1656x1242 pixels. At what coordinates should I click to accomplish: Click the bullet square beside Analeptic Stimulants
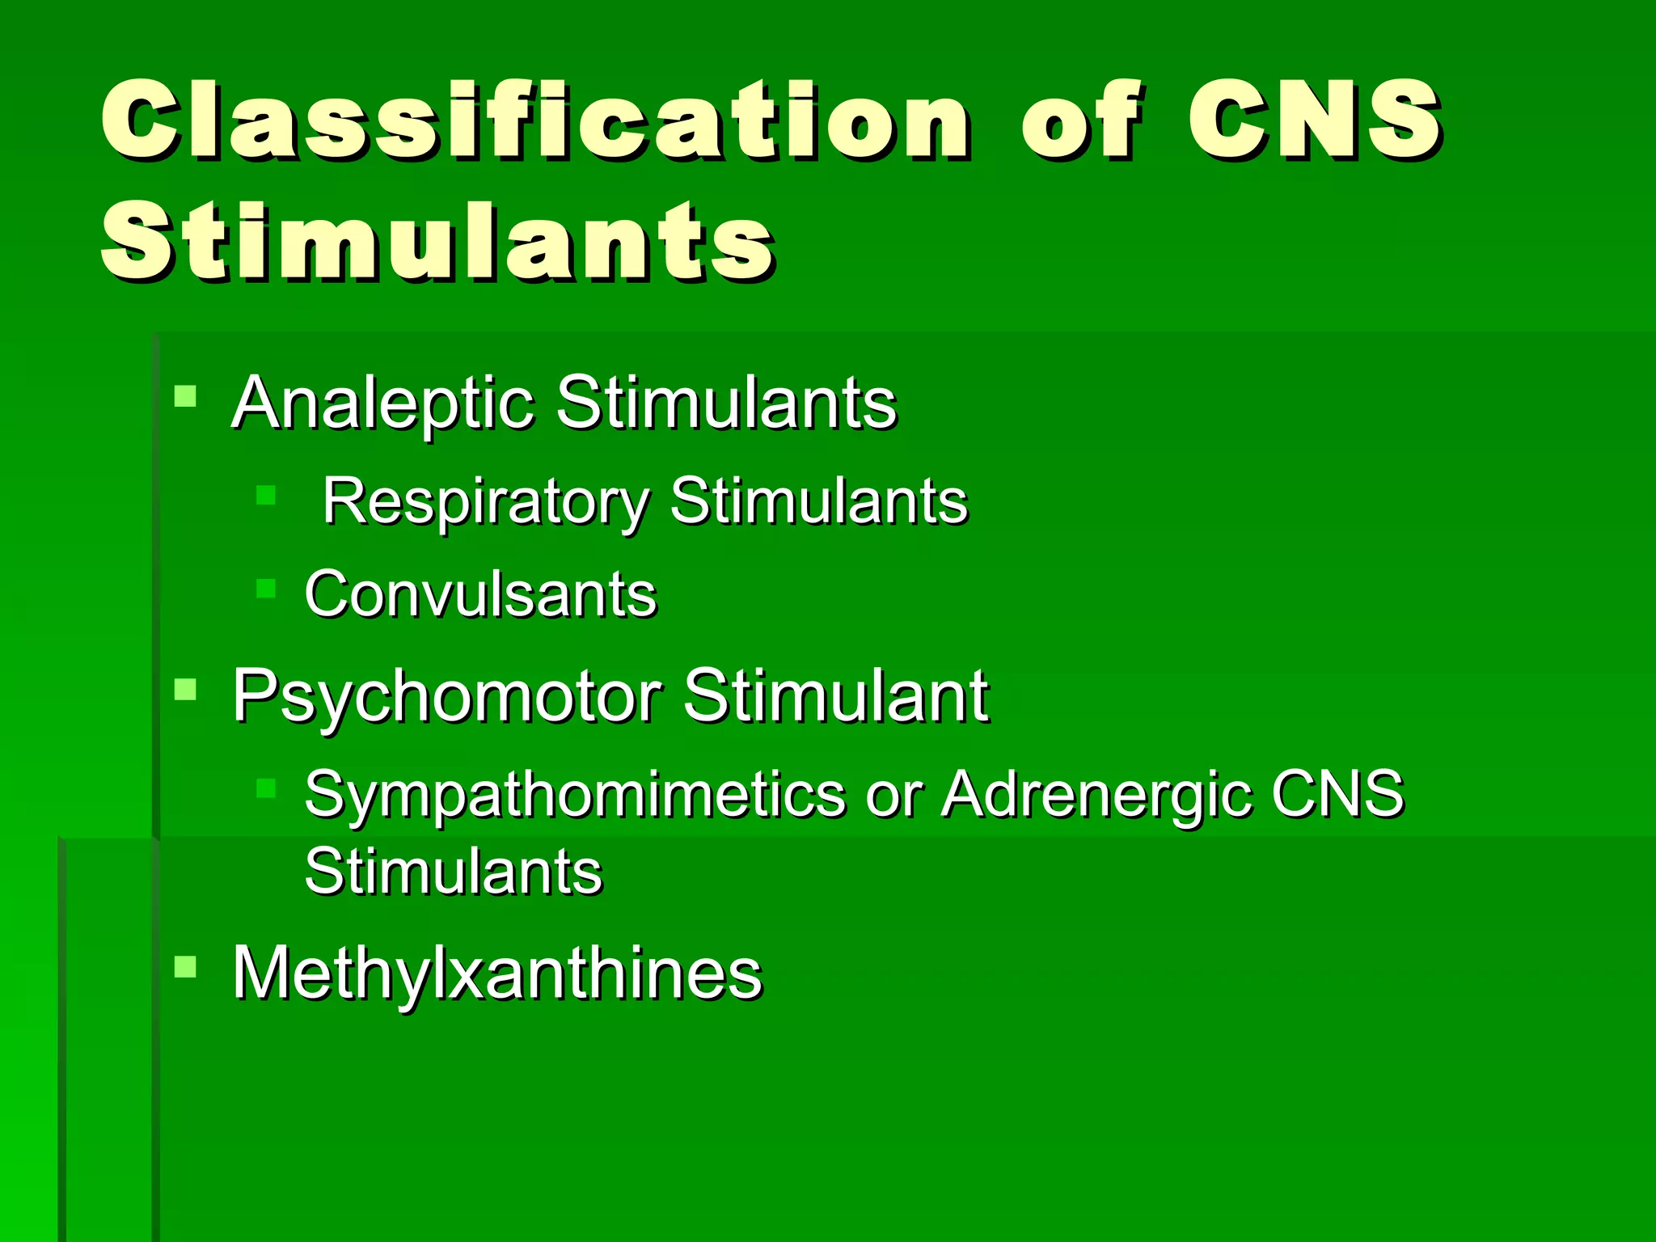tap(185, 395)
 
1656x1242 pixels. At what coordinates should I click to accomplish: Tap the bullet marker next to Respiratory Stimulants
tap(266, 494)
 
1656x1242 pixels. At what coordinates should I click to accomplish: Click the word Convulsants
tap(480, 594)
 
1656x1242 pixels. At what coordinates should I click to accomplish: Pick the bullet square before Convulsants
tap(266, 587)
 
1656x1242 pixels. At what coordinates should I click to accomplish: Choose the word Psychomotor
tap(447, 696)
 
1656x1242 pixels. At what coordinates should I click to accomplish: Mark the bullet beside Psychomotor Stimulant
tap(185, 689)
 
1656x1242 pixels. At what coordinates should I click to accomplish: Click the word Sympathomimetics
tap(574, 795)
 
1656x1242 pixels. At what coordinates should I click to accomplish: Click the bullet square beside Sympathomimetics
tap(266, 788)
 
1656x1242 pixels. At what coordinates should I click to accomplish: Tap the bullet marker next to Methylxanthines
tap(185, 966)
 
